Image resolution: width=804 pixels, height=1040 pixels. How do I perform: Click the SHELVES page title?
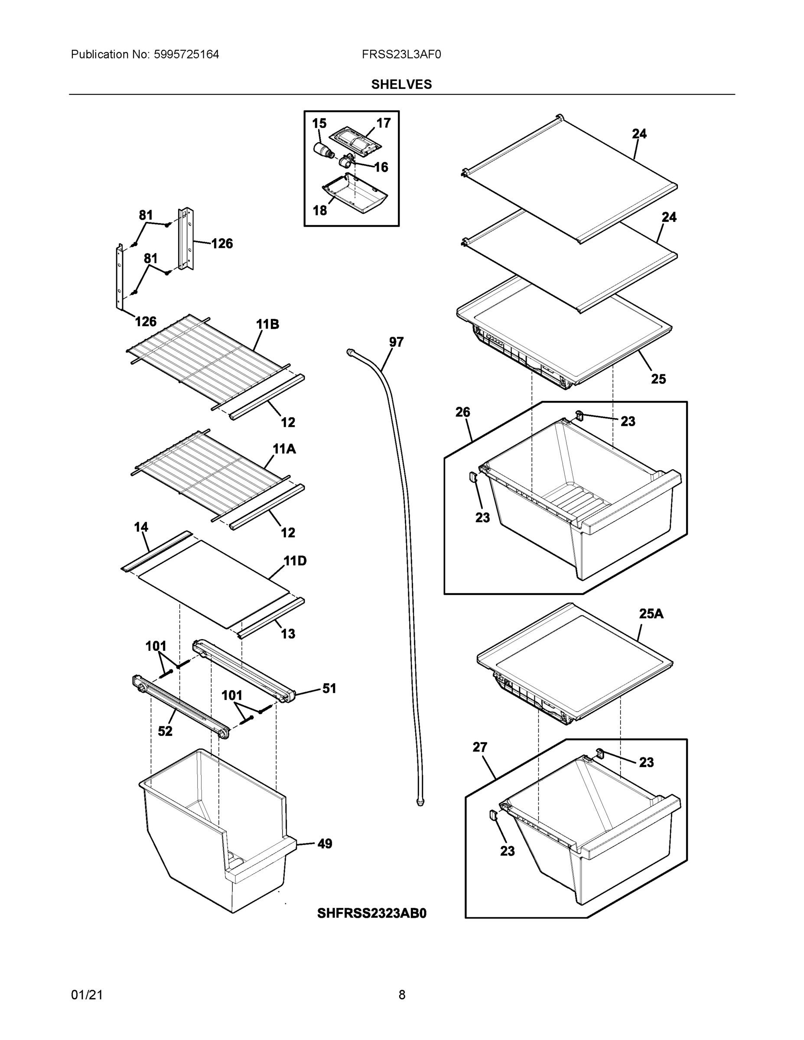coord(401,84)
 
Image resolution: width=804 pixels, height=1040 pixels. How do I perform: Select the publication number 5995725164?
coord(186,55)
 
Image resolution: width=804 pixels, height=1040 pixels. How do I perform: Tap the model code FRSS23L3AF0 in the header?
coord(401,55)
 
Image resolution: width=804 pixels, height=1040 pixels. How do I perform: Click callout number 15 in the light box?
coord(319,123)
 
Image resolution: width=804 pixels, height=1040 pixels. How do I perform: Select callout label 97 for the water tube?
coord(396,342)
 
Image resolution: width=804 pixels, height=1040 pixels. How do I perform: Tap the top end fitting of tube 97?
coord(351,351)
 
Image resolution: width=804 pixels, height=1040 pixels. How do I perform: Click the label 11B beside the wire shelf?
coord(267,324)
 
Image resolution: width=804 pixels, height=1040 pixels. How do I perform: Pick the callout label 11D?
coord(295,561)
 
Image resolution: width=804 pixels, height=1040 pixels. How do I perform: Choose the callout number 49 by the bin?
coord(324,844)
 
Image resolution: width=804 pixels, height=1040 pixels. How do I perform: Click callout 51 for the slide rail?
coord(329,688)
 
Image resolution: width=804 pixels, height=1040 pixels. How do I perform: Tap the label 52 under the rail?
coord(165,731)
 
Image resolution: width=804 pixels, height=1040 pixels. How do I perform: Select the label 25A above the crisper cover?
coord(651,614)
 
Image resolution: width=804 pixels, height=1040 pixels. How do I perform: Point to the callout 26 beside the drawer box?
coord(462,412)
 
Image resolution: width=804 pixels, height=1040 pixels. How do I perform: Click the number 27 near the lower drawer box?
coord(480,747)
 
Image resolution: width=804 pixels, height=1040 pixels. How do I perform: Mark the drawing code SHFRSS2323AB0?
coord(371,913)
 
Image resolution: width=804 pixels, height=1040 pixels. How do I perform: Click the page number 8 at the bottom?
coord(401,995)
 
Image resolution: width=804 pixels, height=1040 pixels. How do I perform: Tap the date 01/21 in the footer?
coord(87,995)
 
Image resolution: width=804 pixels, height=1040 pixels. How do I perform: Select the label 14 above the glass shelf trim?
coord(141,526)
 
